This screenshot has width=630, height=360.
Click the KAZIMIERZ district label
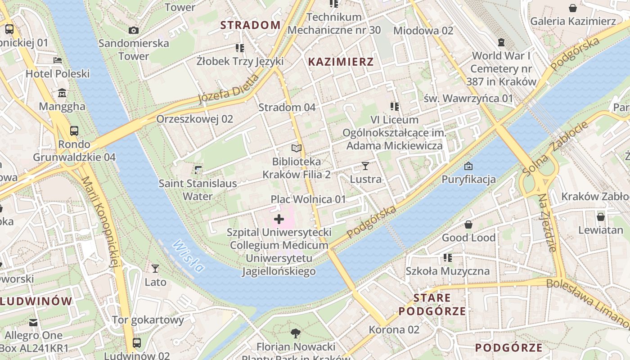341,62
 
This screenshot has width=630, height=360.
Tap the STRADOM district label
250,25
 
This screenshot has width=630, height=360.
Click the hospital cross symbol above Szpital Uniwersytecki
279,219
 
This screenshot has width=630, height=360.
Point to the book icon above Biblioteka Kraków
296,148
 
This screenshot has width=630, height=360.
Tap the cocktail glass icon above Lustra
365,166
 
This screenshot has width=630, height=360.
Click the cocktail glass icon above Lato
155,269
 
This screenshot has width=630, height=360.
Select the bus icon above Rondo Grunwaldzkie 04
74,131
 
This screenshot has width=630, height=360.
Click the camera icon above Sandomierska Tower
134,30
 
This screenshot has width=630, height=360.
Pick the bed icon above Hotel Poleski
58,60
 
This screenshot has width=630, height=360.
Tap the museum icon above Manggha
62,93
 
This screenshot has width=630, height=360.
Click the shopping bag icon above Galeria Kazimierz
573,8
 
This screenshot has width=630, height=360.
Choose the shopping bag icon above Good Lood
468,224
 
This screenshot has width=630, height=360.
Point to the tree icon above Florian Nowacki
296,333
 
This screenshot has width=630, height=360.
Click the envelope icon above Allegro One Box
33,322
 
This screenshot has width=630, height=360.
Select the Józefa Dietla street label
229,89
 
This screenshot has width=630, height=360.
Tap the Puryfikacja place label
468,179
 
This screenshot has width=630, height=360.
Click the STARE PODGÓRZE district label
432,304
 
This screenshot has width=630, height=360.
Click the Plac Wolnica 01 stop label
308,199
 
